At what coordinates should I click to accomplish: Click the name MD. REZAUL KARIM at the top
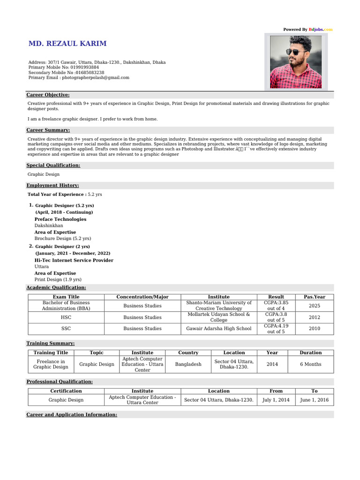[67, 44]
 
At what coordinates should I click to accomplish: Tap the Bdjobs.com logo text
[320, 30]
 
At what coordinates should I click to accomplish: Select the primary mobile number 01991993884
[82, 67]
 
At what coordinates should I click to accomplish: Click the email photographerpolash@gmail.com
[95, 77]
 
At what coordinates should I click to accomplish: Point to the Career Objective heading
[48, 95]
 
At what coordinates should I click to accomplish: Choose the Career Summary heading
[48, 130]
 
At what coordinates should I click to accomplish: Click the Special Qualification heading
[53, 165]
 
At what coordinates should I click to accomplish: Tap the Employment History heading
[52, 186]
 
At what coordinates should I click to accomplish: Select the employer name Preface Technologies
[60, 219]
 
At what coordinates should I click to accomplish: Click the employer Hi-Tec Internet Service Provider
[74, 260]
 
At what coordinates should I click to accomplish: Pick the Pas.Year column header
[315, 297]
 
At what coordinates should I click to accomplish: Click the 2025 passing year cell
[315, 306]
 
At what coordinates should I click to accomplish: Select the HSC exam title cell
[66, 317]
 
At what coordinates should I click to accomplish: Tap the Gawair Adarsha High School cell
[218, 329]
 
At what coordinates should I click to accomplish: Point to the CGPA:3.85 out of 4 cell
[276, 306]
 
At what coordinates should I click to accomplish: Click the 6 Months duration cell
[310, 364]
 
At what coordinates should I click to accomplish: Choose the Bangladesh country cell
[188, 364]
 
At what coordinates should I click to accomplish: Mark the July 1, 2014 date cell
[276, 400]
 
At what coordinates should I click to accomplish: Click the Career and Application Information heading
[72, 414]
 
